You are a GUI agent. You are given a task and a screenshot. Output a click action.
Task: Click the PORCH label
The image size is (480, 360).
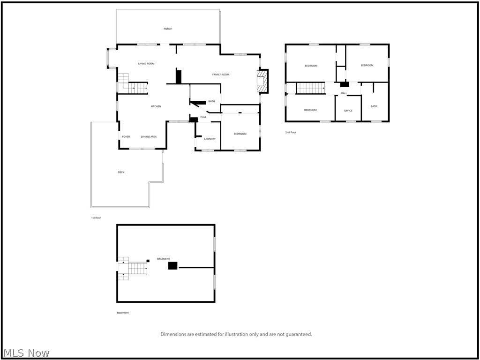tap(168, 29)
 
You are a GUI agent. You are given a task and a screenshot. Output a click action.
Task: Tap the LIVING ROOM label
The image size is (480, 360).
tap(146, 64)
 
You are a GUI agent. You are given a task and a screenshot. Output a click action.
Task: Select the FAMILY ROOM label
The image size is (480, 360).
tap(221, 75)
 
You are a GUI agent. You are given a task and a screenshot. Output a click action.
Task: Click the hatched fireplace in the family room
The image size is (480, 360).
tap(262, 81)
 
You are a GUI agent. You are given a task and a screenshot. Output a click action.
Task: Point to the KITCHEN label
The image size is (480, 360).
tap(156, 106)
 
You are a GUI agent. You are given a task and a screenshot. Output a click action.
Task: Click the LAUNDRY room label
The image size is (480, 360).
tap(210, 139)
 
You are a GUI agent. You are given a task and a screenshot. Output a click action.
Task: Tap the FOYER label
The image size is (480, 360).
tap(126, 137)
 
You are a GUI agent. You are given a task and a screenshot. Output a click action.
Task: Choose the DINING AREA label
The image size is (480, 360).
tap(149, 137)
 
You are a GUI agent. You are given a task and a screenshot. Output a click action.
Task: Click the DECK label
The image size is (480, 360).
tap(121, 172)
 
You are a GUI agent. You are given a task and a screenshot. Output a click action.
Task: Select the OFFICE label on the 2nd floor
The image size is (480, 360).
tap(348, 111)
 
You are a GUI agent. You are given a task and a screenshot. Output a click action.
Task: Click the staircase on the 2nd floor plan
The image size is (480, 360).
tap(310, 88)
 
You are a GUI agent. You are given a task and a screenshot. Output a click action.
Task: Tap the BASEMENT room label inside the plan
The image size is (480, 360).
tap(164, 259)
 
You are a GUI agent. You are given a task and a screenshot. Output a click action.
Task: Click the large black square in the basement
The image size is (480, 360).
tap(172, 265)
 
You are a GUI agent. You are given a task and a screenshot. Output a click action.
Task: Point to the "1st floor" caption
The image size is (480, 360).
tap(96, 218)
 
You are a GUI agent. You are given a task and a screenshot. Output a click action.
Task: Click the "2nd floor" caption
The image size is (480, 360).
tap(291, 133)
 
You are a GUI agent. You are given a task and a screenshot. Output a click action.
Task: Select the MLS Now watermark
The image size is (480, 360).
tap(25, 353)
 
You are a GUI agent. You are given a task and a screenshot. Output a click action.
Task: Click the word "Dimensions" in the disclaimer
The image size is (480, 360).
tap(173, 334)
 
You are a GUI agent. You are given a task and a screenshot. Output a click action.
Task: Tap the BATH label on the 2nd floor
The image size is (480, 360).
tap(374, 106)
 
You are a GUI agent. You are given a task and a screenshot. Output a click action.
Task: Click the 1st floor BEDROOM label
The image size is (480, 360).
tap(240, 134)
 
